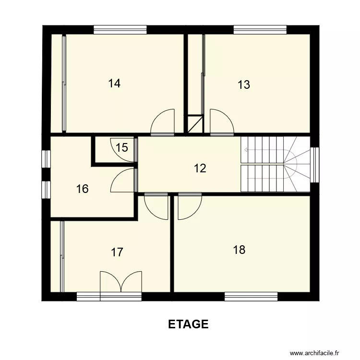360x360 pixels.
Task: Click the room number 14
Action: coord(114,84)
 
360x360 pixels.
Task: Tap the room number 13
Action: coord(244,85)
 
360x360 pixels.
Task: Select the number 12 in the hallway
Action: coord(200,168)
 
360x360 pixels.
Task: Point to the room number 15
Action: coord(122,147)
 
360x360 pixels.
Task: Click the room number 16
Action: coord(83,189)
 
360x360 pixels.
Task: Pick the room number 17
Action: coord(117,252)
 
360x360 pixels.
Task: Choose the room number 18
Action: coord(239,250)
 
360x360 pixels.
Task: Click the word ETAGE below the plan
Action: coord(188,324)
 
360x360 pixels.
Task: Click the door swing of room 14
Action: coord(163,122)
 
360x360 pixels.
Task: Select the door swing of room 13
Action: coord(220,122)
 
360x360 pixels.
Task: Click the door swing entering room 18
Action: coord(189,206)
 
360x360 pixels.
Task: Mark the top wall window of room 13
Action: coord(260,30)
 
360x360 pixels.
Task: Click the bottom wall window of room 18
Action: coord(251,297)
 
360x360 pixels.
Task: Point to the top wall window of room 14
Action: coord(120,30)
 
